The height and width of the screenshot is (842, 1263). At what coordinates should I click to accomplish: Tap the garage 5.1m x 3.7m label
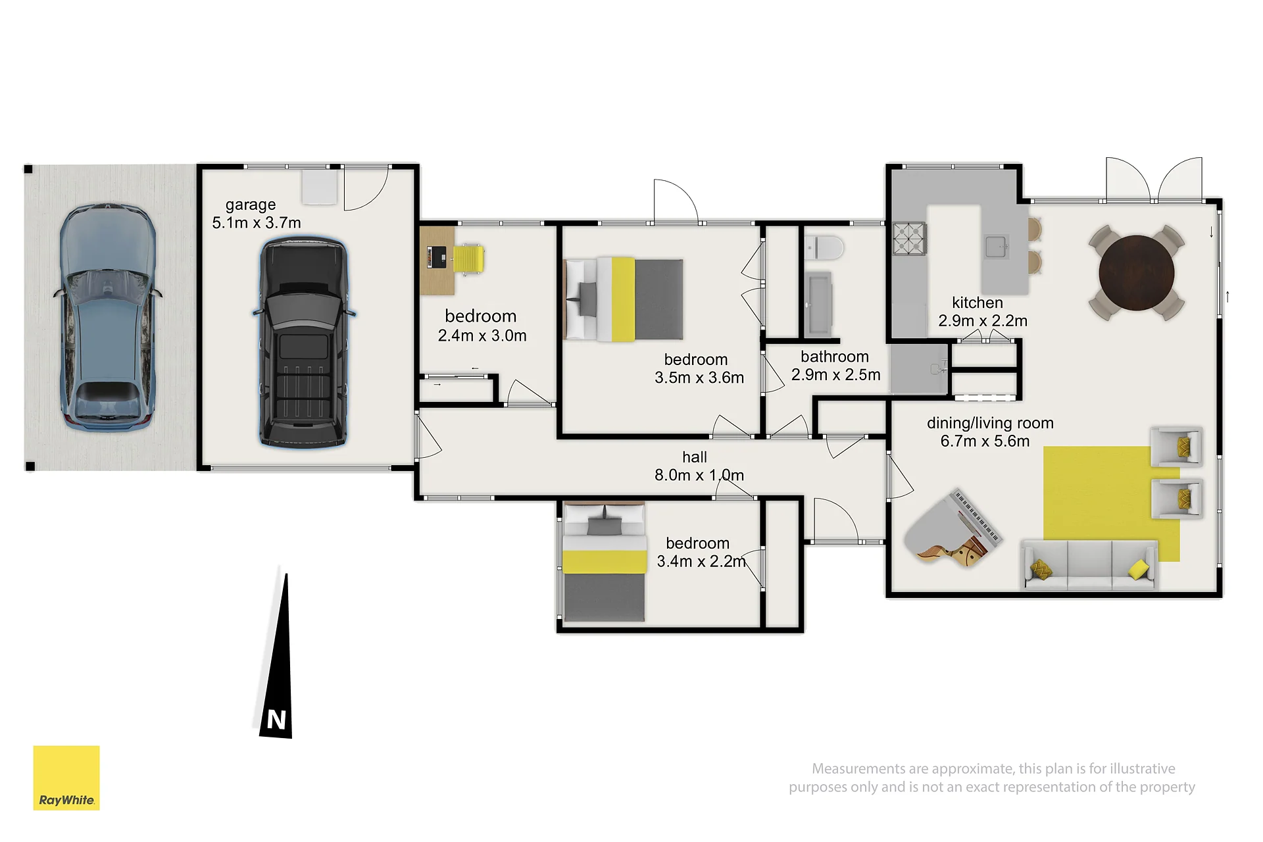(257, 214)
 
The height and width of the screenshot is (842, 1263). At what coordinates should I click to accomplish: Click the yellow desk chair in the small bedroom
(468, 259)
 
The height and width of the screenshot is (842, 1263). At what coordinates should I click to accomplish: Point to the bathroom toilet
(824, 248)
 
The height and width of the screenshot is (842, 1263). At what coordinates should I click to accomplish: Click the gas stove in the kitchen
(909, 239)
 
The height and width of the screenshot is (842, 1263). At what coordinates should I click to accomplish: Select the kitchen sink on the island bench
(997, 247)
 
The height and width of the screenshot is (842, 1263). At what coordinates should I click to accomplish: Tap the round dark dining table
(1136, 272)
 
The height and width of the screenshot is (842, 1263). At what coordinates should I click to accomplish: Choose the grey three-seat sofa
(1089, 564)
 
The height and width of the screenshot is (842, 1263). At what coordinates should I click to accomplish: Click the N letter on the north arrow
(276, 720)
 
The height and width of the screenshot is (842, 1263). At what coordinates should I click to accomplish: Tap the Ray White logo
(66, 778)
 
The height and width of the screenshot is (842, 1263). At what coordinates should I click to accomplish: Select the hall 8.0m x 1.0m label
(699, 466)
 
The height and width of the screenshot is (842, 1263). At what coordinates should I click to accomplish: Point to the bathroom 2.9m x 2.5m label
(835, 366)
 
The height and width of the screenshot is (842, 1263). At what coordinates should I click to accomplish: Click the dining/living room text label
(990, 423)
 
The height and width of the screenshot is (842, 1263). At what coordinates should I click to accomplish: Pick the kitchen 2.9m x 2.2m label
(982, 312)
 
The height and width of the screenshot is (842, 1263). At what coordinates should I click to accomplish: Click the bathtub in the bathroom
(819, 305)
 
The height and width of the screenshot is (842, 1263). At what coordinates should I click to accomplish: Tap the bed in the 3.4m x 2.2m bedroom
(604, 562)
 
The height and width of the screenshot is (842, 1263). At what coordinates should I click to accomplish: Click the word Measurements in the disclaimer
(859, 768)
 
